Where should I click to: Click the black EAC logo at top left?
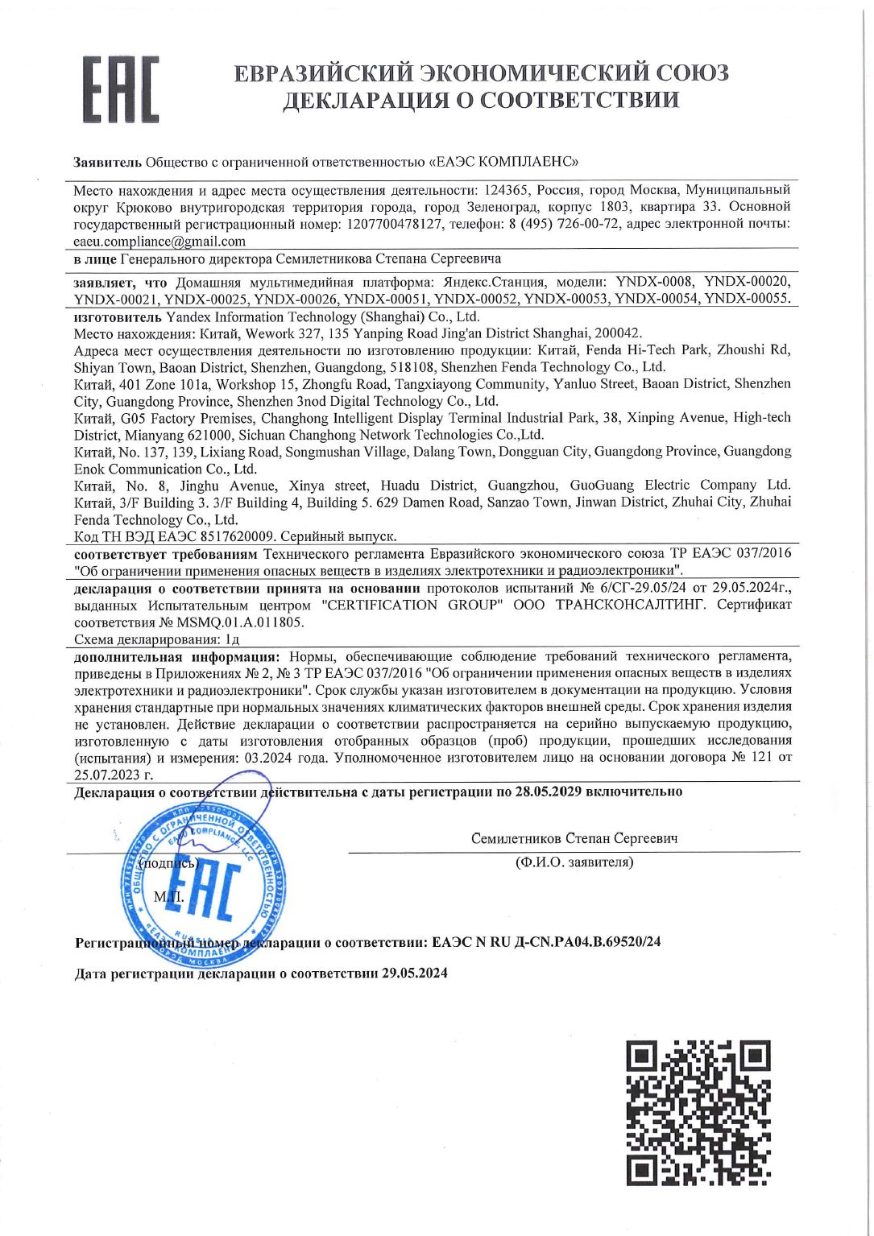122,89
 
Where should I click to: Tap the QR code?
698,1112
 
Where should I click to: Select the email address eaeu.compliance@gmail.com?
159,241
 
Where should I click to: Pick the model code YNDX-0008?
654,282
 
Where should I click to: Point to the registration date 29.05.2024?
414,973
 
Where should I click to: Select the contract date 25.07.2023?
107,775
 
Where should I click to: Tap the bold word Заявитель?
107,162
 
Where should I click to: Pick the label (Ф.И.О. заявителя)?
574,862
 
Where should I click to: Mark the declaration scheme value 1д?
232,639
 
